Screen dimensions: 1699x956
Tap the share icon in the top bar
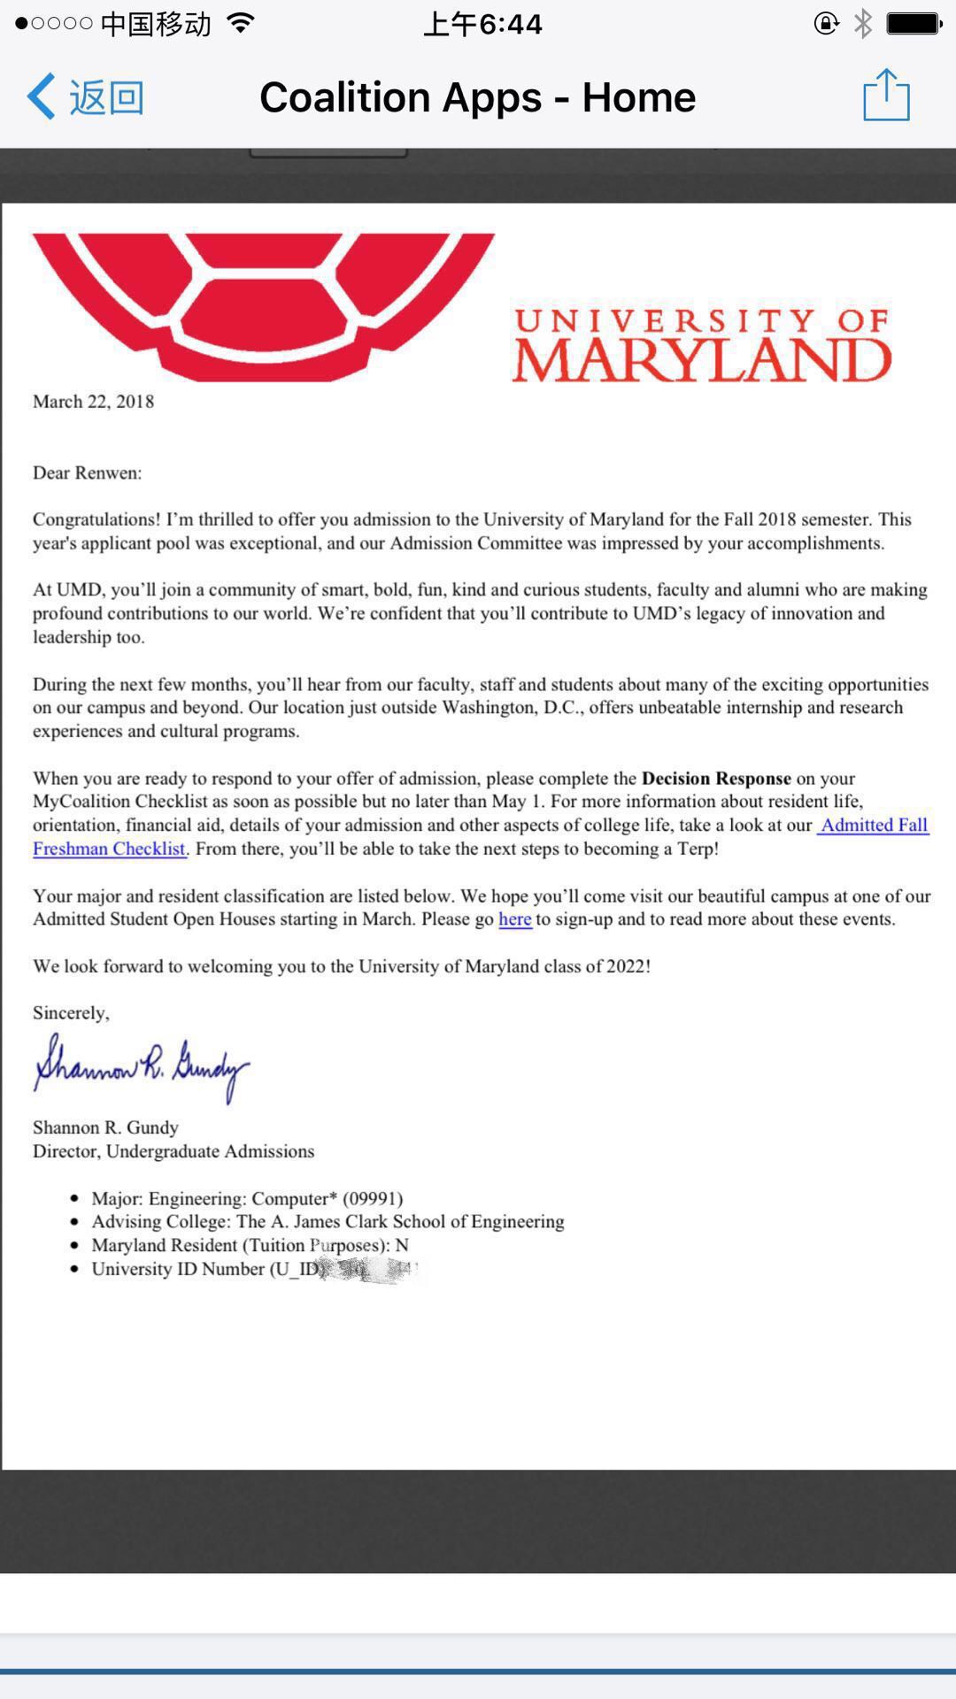pyautogui.click(x=886, y=96)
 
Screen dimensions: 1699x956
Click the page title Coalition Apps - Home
pyautogui.click(x=477, y=97)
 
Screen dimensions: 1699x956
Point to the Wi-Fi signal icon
pyautogui.click(x=240, y=23)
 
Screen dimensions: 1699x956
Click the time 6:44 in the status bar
pyautogui.click(x=482, y=24)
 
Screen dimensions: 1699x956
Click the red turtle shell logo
pyautogui.click(x=263, y=301)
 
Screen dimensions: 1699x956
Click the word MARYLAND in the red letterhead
pyautogui.click(x=701, y=359)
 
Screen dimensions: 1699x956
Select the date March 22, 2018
pyautogui.click(x=93, y=402)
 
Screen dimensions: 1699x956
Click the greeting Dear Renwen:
pyautogui.click(x=87, y=473)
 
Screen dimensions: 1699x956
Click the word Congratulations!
pyautogui.click(x=96, y=519)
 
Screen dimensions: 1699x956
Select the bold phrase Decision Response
pyautogui.click(x=716, y=779)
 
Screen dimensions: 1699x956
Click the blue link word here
pyautogui.click(x=515, y=919)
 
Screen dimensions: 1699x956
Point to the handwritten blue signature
pyautogui.click(x=142, y=1066)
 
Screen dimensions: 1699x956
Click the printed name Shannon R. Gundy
pyautogui.click(x=105, y=1127)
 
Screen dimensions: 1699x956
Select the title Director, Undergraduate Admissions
pyautogui.click(x=173, y=1151)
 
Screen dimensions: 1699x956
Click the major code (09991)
pyautogui.click(x=373, y=1199)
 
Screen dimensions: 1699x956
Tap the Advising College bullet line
pyautogui.click(x=328, y=1222)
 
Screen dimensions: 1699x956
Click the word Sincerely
pyautogui.click(x=70, y=1013)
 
